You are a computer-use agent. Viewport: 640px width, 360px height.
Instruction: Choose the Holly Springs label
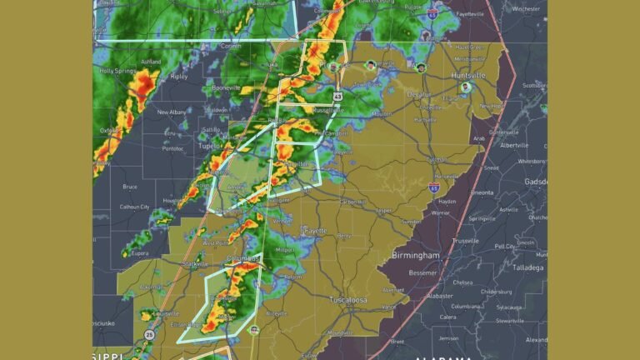[118, 72]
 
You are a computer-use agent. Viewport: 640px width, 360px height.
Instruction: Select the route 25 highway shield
[149, 334]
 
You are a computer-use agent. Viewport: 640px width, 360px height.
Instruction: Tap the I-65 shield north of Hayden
[435, 188]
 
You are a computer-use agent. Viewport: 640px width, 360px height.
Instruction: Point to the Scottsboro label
[531, 85]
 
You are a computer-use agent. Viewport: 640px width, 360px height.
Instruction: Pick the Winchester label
[526, 8]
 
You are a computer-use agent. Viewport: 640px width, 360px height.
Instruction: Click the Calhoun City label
[134, 207]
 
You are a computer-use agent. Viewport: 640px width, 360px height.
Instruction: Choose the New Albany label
[172, 112]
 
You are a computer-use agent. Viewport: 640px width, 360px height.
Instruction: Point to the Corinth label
[233, 47]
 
